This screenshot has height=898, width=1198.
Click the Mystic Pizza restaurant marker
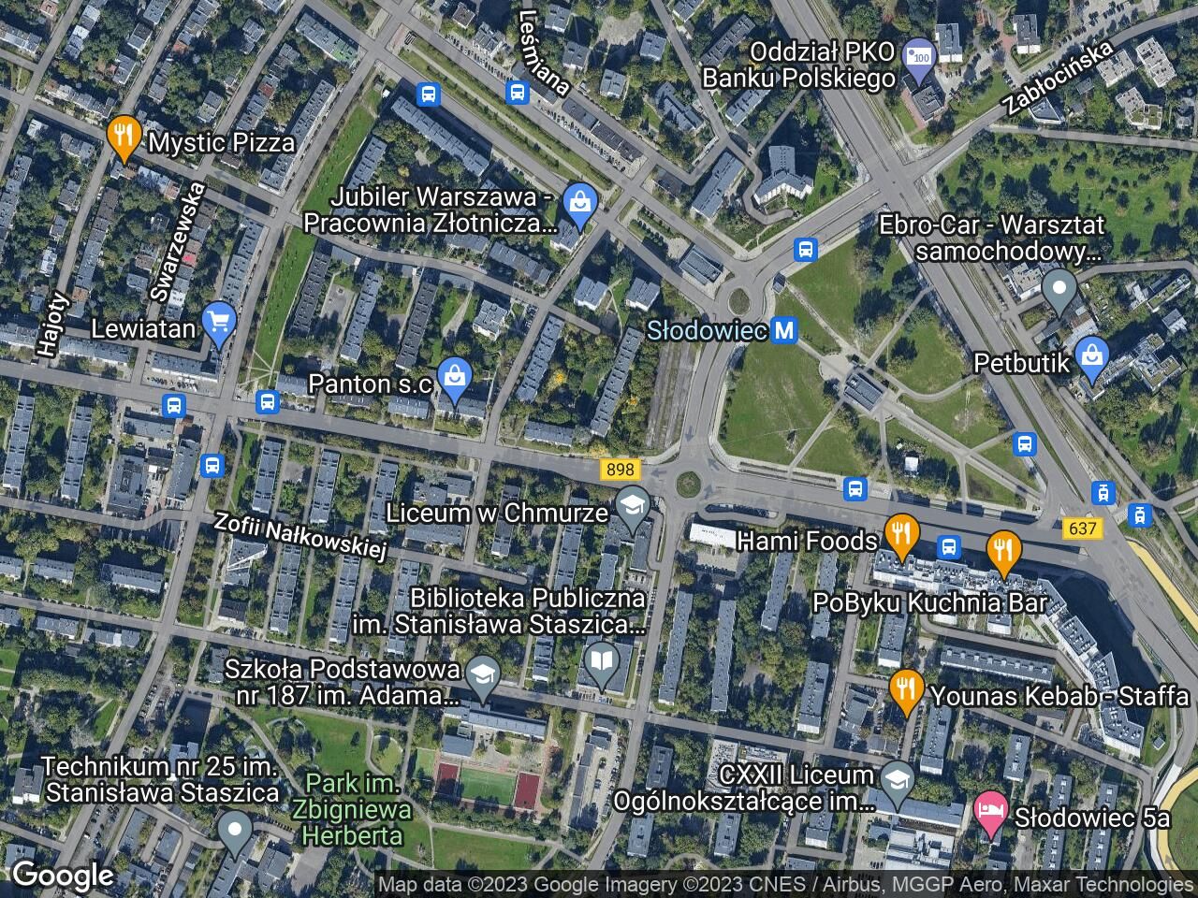(x=124, y=137)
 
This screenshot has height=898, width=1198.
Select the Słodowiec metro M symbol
(x=784, y=330)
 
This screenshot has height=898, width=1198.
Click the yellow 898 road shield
(x=620, y=471)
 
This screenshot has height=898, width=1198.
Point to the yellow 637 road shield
(x=1082, y=529)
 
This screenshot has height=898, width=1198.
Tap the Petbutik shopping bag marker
(x=1091, y=357)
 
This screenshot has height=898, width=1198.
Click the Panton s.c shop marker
(x=454, y=378)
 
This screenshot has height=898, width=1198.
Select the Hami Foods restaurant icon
(x=900, y=535)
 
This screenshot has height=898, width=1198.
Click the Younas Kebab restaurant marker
(x=905, y=690)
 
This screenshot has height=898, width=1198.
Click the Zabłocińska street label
(x=1057, y=78)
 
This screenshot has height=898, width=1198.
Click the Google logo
(x=63, y=876)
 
